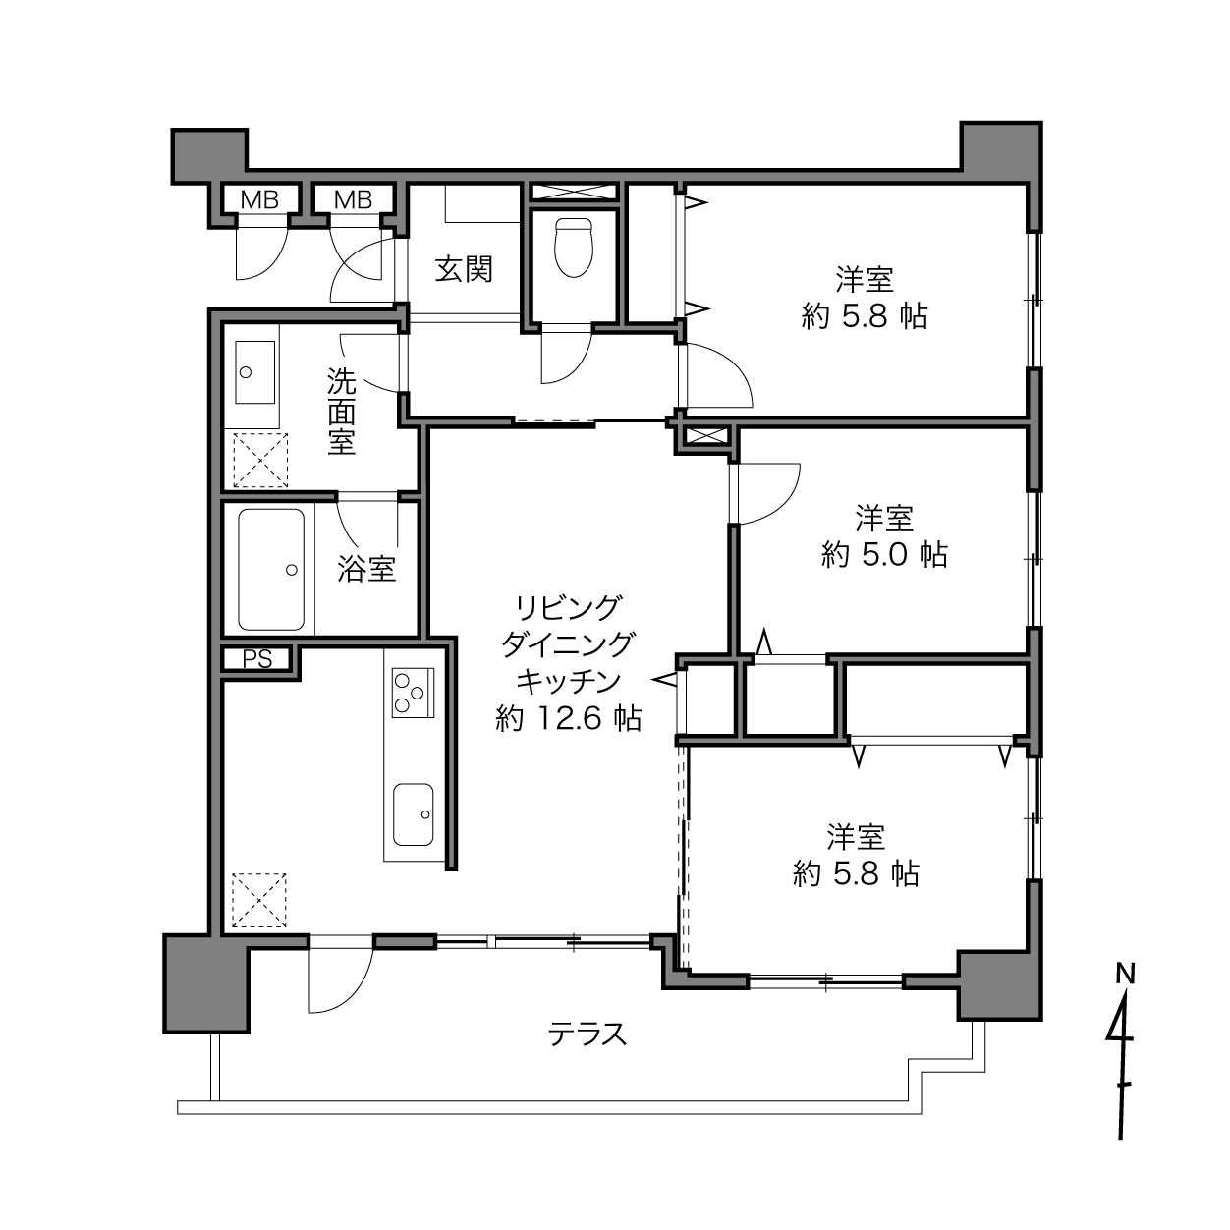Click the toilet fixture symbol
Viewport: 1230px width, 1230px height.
point(573,248)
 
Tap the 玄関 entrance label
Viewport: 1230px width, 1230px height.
point(464,269)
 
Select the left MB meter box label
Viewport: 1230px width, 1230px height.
point(259,200)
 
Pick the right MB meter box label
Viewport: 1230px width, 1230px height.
point(353,200)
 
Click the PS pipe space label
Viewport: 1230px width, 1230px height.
point(257,659)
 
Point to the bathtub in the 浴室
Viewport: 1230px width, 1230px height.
point(271,570)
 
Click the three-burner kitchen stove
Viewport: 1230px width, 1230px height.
point(413,693)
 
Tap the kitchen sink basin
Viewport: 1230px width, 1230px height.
point(413,814)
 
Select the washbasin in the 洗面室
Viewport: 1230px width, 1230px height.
point(254,372)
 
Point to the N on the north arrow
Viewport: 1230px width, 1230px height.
point(1125,974)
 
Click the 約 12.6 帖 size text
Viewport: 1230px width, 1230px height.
point(568,719)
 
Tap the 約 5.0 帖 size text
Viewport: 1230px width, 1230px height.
point(884,555)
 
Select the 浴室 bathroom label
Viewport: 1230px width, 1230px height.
point(366,569)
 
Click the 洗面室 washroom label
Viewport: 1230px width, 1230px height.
point(342,412)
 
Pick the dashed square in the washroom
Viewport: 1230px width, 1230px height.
point(260,460)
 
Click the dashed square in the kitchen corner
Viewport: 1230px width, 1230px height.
point(258,900)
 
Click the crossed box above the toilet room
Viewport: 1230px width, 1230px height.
point(574,192)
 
